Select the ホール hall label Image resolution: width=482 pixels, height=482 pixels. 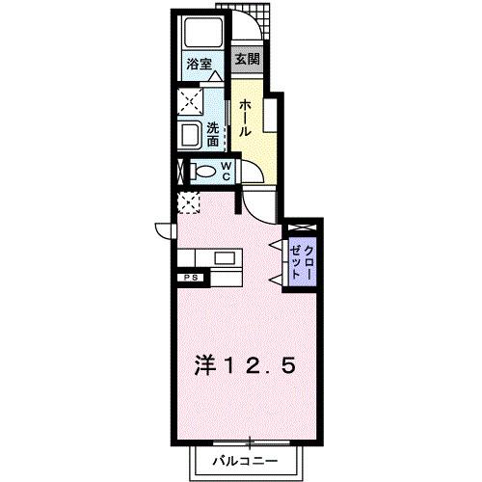(246, 117)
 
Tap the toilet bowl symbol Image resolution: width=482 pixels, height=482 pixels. (203, 172)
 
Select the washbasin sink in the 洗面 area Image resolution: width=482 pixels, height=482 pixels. (190, 134)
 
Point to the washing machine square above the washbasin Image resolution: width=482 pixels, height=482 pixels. (189, 101)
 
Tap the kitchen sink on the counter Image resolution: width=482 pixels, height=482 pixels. (225, 257)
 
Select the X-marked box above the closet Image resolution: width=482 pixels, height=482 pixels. (303, 227)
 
